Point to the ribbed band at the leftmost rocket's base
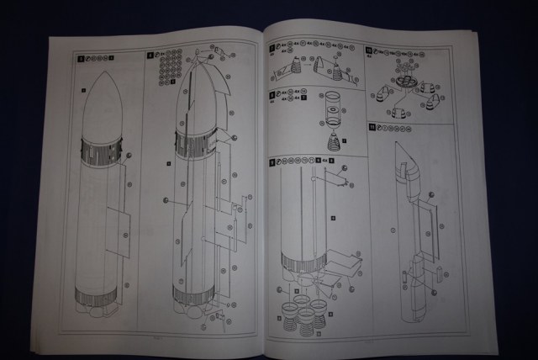[x=95, y=295]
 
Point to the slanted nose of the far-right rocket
[x=410, y=154]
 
